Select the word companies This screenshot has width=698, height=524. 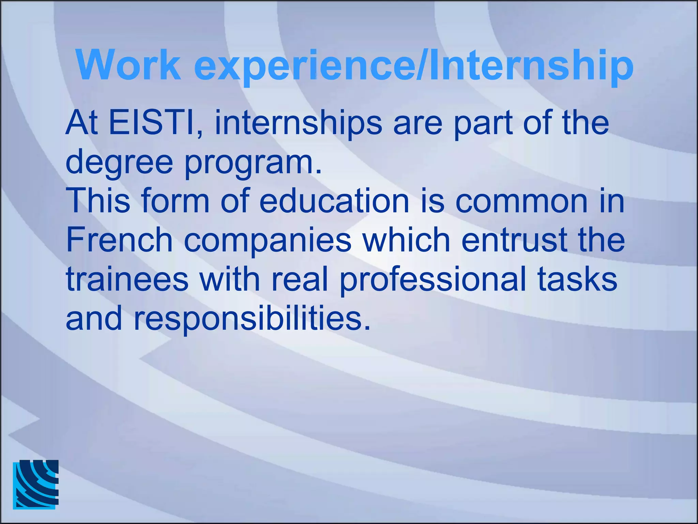[x=268, y=241]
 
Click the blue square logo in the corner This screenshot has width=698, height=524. [x=36, y=484]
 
